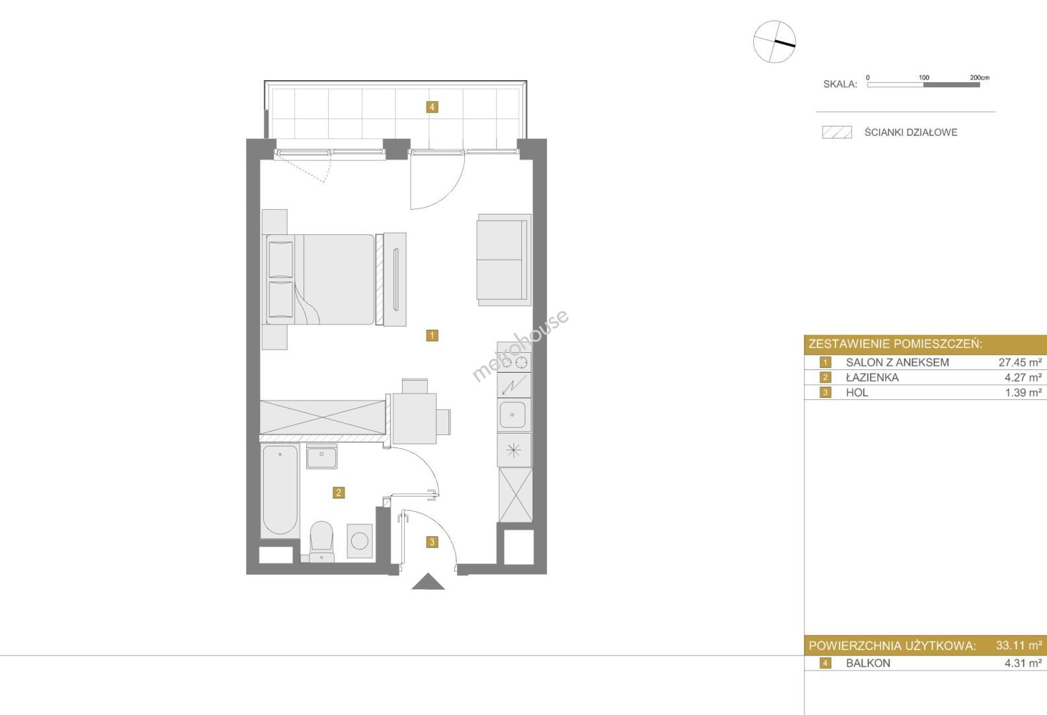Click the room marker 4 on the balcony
[432, 107]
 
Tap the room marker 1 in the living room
[432, 336]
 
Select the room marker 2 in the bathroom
[339, 493]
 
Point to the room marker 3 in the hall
[432, 542]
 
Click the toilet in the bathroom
[321, 541]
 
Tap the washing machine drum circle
[360, 541]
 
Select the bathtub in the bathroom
[280, 491]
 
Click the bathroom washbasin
[321, 456]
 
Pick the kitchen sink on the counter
[513, 415]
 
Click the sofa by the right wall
[504, 260]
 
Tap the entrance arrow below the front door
[428, 581]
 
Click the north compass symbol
[775, 42]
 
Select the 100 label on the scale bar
[924, 77]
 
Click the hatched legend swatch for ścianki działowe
[837, 132]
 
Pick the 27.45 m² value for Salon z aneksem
[1021, 362]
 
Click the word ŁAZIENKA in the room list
[872, 377]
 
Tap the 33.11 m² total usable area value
[1019, 645]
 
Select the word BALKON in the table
[868, 663]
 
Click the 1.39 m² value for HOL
[1024, 393]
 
